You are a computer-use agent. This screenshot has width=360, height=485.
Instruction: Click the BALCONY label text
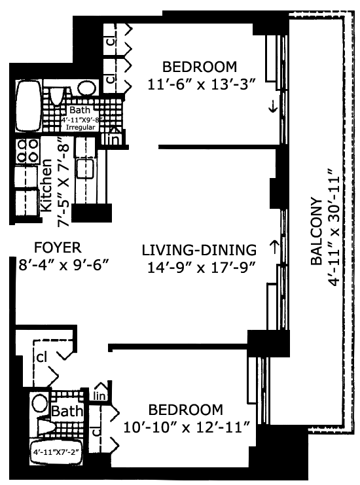(x=316, y=231)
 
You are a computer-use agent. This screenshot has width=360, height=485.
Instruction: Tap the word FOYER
(x=58, y=247)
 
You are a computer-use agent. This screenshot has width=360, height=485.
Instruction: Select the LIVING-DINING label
(x=199, y=250)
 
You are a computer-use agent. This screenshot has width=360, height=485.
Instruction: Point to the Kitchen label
(x=46, y=185)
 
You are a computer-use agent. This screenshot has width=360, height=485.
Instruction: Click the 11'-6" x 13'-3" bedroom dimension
(x=202, y=84)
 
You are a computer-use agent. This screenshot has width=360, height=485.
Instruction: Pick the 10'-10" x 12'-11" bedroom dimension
(x=187, y=427)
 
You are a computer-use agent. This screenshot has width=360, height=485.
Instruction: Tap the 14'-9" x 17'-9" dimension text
(x=202, y=268)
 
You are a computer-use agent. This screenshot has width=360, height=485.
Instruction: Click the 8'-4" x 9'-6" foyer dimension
(x=63, y=265)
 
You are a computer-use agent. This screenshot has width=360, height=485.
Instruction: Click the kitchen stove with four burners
(x=28, y=151)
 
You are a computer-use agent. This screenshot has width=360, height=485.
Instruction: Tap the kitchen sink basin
(x=85, y=169)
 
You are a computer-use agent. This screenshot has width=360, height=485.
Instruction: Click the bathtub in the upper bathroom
(x=29, y=106)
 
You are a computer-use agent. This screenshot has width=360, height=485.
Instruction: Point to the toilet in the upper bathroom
(x=56, y=94)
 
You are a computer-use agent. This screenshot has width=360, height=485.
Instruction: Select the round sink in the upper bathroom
(x=87, y=88)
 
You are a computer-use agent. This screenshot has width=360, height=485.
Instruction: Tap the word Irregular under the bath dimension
(x=81, y=128)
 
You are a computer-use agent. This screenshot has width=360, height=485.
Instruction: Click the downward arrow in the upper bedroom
(x=273, y=107)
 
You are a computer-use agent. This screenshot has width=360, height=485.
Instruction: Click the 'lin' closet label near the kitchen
(x=113, y=139)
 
